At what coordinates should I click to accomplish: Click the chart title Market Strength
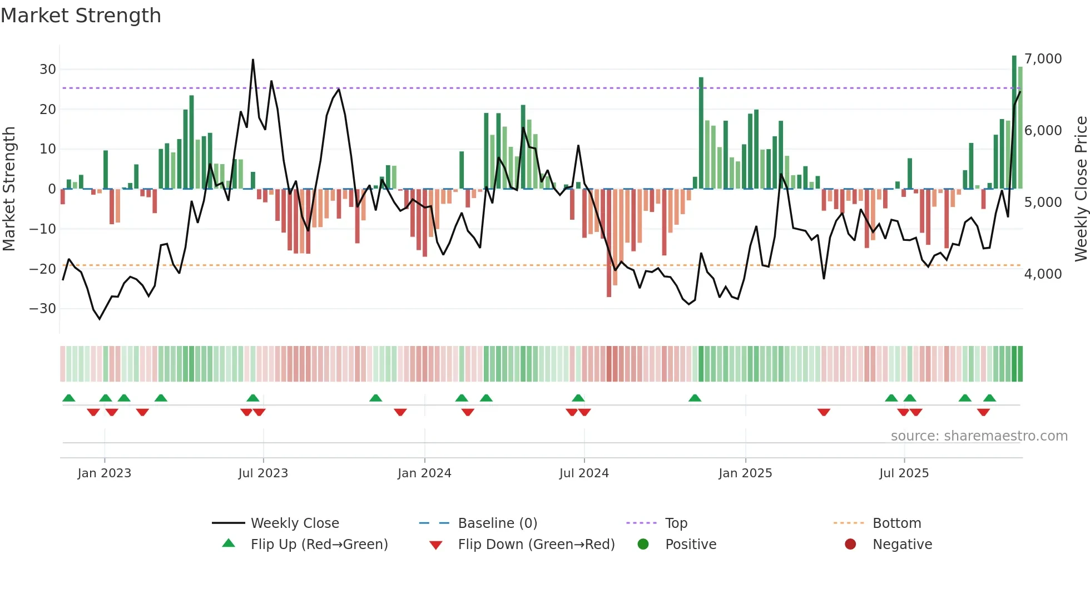point(81,16)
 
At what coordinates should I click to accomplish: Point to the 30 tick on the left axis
point(48,70)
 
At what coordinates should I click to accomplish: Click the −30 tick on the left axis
point(43,309)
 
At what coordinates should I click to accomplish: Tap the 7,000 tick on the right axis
point(1043,59)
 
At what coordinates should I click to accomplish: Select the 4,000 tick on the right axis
point(1043,274)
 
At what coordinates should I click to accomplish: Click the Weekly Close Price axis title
point(1081,189)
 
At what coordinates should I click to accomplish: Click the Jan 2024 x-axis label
point(424,473)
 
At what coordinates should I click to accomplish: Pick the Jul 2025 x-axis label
point(904,473)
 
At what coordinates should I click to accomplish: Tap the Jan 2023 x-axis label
point(105,473)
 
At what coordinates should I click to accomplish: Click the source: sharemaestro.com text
point(979,436)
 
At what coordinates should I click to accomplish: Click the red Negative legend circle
point(850,544)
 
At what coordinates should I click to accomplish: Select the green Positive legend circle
point(643,544)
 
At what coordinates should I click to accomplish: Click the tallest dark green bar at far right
point(1014,122)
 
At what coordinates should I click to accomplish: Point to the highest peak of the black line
point(253,60)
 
